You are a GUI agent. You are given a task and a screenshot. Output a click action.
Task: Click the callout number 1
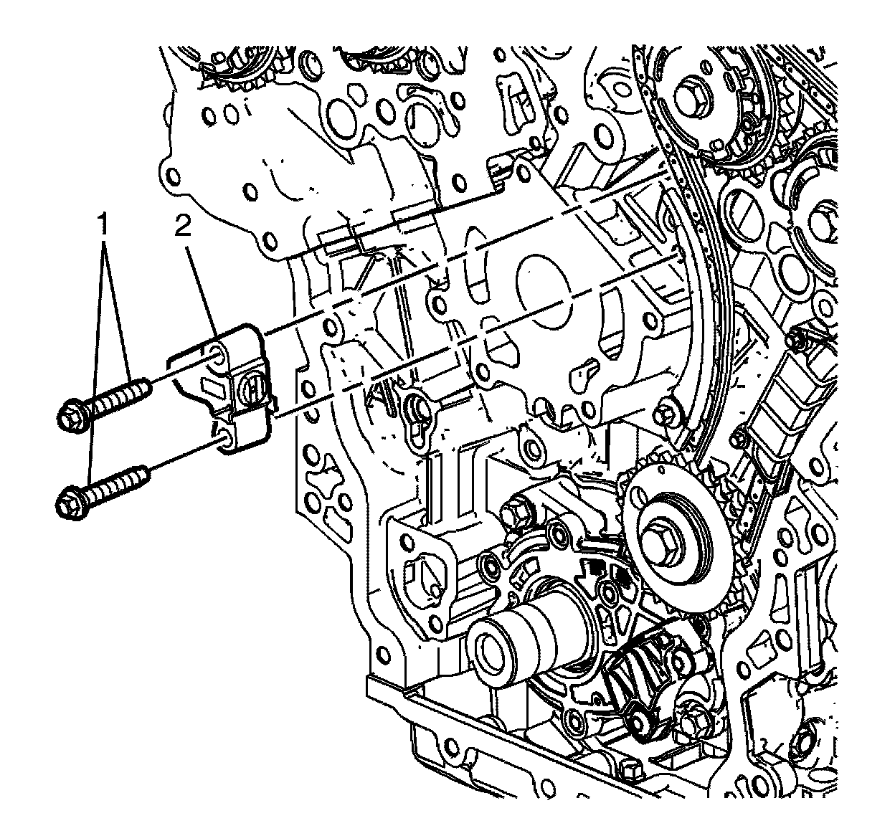click(x=105, y=227)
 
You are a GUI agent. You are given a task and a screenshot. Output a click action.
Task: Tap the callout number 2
click(x=183, y=227)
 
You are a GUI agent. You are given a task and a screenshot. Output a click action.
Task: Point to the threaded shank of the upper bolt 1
click(x=118, y=399)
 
